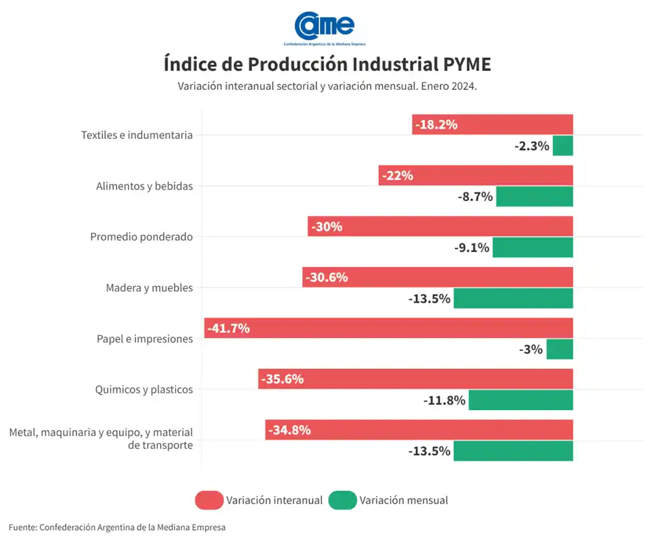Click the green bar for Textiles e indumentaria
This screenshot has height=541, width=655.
coord(562,146)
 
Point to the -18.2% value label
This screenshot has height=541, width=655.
coord(437,125)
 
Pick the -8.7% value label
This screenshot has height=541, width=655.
coord(475,197)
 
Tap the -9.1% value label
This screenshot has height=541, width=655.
coord(471,248)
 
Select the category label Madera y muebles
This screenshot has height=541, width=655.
coord(149,288)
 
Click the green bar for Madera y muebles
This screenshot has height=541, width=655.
coord(513,298)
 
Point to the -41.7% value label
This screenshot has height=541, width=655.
coord(229,328)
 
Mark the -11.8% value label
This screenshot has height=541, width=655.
coord(444,401)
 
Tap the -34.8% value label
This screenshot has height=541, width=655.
coord(289,430)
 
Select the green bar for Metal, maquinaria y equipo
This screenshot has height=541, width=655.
coord(513,451)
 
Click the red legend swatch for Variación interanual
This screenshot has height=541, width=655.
coord(209,500)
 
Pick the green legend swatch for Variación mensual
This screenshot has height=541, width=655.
coord(342,500)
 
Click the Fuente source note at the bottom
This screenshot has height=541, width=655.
coord(116,527)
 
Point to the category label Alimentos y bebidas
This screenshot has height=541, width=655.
coord(144,186)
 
